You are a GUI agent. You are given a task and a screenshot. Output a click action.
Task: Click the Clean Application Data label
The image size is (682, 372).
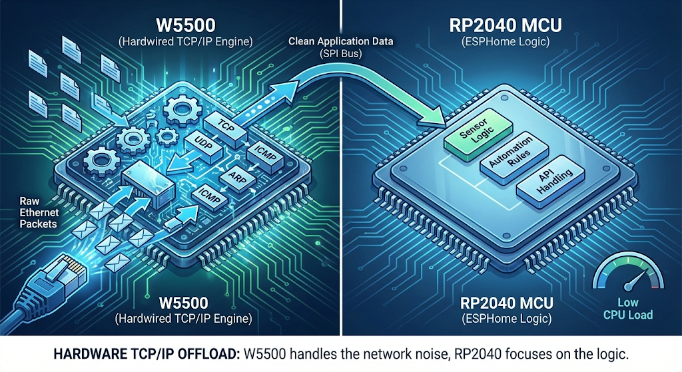tap(340, 41)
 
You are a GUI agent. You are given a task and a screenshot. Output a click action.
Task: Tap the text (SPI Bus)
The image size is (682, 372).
tap(340, 53)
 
